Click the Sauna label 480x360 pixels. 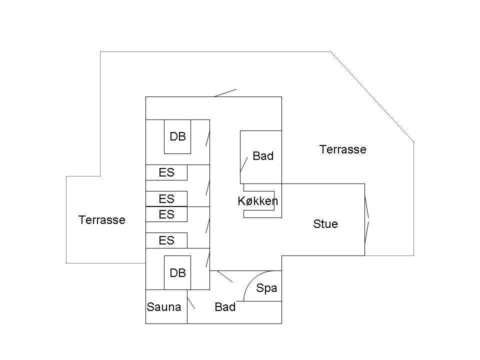[164, 306]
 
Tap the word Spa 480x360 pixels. [266, 288]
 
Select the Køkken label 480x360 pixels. [258, 201]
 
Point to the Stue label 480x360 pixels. [325, 224]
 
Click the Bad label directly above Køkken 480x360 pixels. [263, 156]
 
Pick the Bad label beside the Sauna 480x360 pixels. [225, 306]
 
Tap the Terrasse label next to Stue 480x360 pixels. [343, 149]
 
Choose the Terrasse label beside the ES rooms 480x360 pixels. [102, 220]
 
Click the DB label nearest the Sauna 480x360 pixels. [177, 273]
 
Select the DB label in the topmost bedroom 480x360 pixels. [177, 136]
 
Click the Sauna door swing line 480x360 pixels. [191, 303]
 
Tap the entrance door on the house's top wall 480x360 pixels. [225, 93]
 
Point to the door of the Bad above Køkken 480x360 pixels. [244, 164]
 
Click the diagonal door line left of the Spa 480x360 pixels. [225, 276]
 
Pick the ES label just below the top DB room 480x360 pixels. [166, 172]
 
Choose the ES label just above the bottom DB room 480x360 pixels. [166, 240]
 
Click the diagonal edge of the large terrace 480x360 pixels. [372, 96]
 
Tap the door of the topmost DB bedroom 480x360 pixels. [208, 138]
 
